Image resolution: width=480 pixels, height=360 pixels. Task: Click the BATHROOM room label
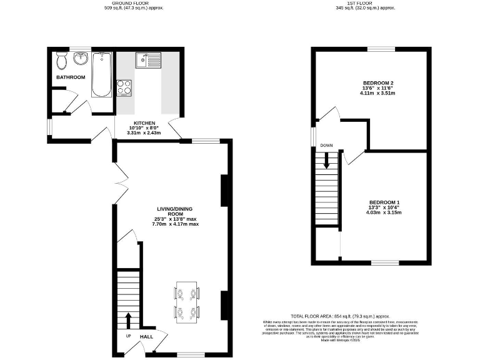pyautogui.click(x=70, y=77)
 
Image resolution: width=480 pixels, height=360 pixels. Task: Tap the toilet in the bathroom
pyautogui.click(x=61, y=62)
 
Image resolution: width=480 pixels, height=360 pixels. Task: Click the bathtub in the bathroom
pyautogui.click(x=101, y=74)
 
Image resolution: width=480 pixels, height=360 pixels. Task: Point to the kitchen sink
pyautogui.click(x=149, y=61)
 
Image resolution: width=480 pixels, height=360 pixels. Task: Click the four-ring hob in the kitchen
pyautogui.click(x=124, y=87)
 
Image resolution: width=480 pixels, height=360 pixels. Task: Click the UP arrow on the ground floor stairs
pyautogui.click(x=129, y=320)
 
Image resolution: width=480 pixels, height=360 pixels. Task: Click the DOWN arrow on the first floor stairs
pyautogui.click(x=326, y=161)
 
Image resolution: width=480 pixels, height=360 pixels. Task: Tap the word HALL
pyautogui.click(x=146, y=336)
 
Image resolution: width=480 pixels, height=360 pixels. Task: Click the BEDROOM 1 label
pyautogui.click(x=384, y=202)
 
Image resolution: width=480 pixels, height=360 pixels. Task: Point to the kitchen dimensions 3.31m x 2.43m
pyautogui.click(x=144, y=132)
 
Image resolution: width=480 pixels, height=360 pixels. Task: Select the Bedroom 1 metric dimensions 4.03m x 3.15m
pyautogui.click(x=384, y=212)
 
